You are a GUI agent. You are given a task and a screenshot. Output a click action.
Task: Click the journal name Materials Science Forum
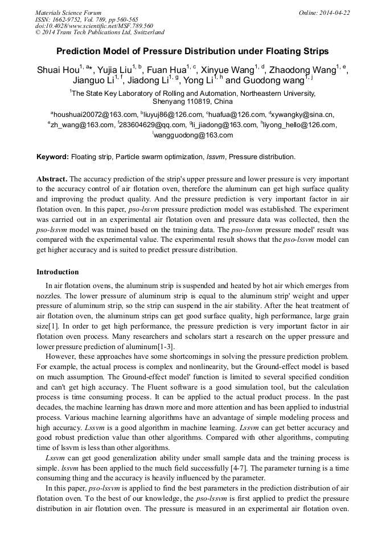[x=68, y=13]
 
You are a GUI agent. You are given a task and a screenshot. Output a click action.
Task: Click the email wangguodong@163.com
[x=194, y=135]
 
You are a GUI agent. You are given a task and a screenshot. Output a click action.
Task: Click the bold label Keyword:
[x=52, y=156]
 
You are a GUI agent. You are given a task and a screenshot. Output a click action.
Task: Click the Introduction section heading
[x=58, y=272]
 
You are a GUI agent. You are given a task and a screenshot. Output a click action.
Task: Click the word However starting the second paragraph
[x=61, y=356]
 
